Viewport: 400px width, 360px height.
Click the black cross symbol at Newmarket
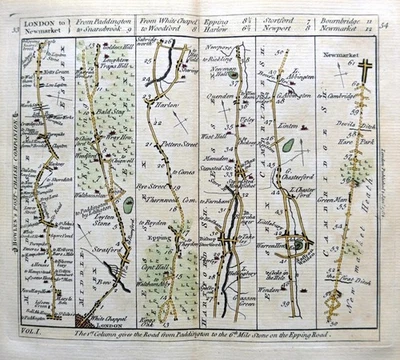point(365,70)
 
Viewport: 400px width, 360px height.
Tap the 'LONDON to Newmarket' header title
point(46,22)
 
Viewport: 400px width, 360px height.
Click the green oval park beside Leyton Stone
point(128,205)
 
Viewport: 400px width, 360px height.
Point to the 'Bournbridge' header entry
point(341,18)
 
